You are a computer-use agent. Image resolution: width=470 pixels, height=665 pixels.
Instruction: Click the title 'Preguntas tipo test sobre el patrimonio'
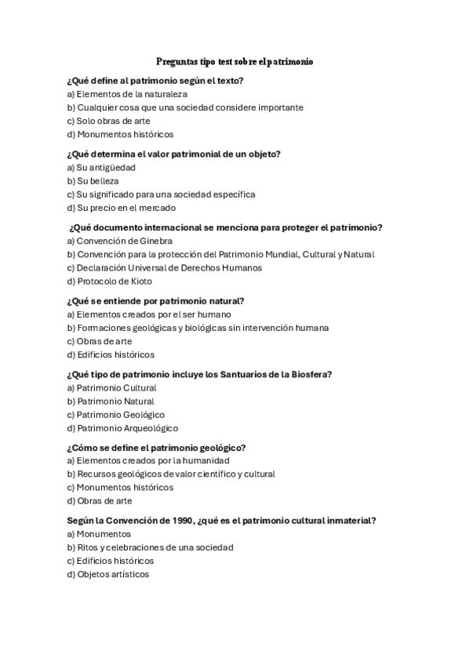(x=235, y=60)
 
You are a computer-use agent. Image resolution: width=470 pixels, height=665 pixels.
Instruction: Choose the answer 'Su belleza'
(x=93, y=180)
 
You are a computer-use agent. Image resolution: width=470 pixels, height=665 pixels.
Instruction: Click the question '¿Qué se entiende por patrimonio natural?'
(x=156, y=300)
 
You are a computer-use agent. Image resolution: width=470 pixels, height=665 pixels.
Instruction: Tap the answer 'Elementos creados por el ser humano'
(x=149, y=314)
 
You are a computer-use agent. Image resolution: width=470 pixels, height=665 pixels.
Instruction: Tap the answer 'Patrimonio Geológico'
(x=115, y=414)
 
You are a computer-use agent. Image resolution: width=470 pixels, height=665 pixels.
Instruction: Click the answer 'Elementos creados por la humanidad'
(x=148, y=460)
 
